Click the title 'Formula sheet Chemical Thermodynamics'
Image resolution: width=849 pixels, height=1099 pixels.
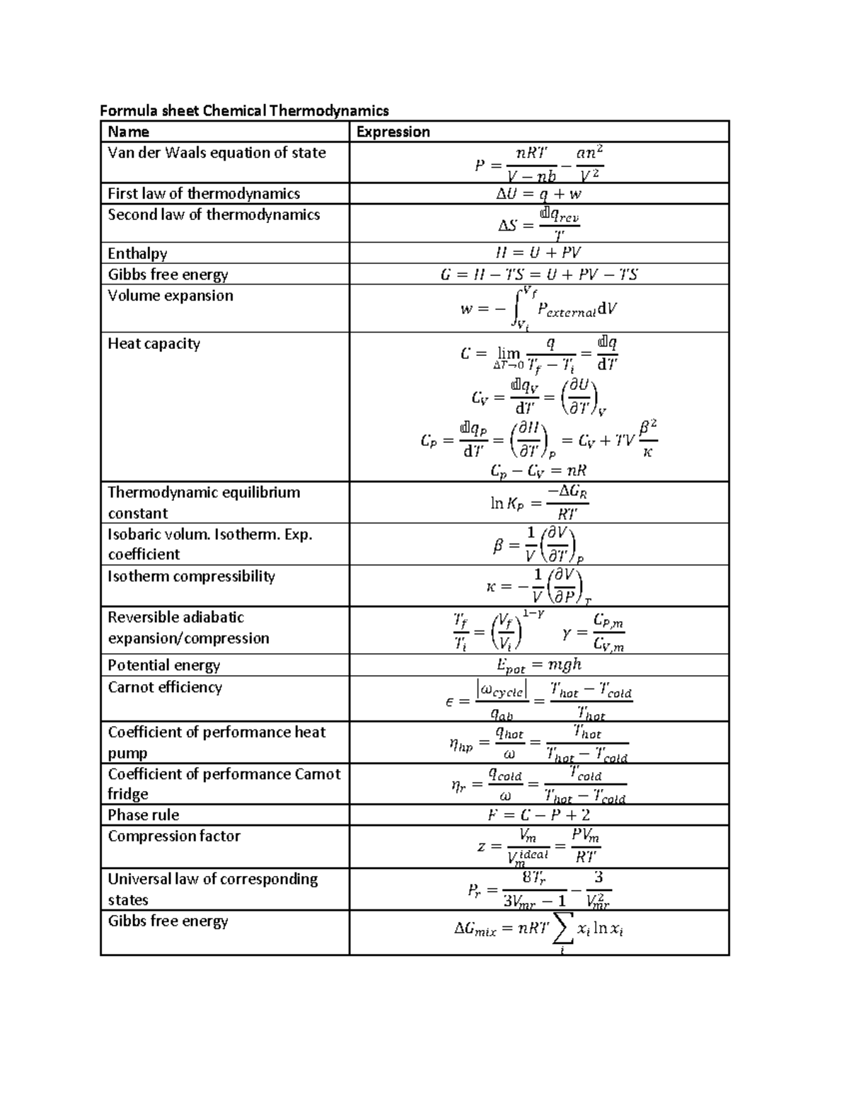(x=244, y=110)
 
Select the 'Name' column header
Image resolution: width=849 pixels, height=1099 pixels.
(x=128, y=132)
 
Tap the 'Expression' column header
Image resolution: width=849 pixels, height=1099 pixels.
(x=393, y=132)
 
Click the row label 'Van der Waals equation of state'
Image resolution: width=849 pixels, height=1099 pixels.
(x=216, y=153)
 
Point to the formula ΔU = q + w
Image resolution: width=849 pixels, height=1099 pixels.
(x=538, y=194)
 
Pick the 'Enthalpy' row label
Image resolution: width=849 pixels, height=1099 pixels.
(x=137, y=253)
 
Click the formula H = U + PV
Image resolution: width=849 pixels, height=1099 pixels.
(x=538, y=253)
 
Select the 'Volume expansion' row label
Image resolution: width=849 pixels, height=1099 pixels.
(x=170, y=296)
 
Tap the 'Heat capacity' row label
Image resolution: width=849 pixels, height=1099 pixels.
(x=154, y=344)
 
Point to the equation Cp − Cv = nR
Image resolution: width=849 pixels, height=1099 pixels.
(x=538, y=471)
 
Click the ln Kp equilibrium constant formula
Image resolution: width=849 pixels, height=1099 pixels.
(x=539, y=502)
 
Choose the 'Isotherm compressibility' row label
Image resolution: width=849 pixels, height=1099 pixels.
(x=191, y=576)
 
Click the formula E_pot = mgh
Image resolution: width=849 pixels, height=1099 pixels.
(x=539, y=664)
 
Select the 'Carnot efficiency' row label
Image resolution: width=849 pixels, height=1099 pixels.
(x=165, y=687)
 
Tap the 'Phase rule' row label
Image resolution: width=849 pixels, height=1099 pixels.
(x=143, y=815)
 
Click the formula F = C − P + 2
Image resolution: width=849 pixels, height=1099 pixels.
(x=538, y=815)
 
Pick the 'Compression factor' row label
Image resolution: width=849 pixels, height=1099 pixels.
(x=174, y=836)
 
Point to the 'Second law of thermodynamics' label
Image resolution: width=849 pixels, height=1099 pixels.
(x=214, y=215)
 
